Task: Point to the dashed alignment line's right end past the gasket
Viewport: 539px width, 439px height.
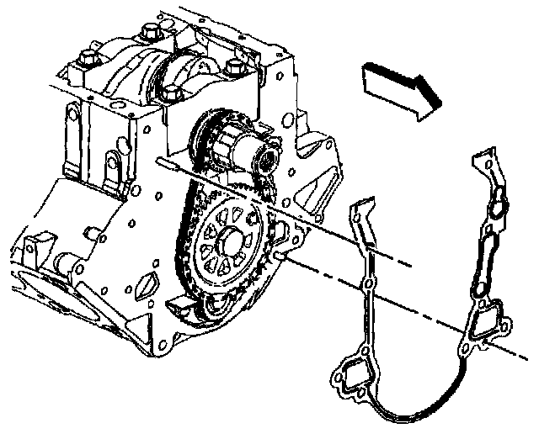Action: (x=515, y=352)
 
